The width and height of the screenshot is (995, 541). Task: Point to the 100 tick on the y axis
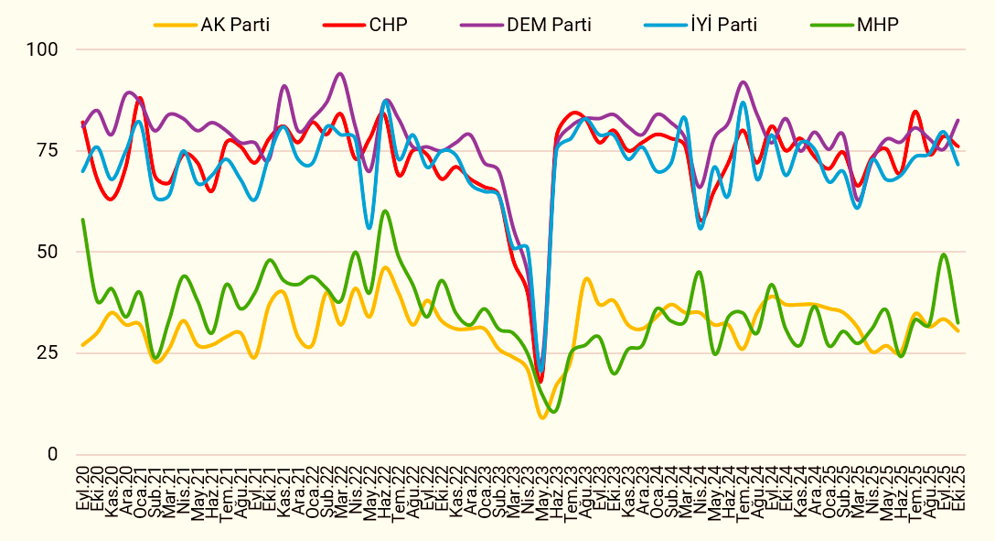pos(46,49)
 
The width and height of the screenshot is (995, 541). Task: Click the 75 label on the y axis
pos(50,150)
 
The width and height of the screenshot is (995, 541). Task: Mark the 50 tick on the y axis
pos(50,252)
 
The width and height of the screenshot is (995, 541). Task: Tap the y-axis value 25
pos(50,352)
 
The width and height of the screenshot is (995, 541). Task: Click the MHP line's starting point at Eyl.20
pos(82,220)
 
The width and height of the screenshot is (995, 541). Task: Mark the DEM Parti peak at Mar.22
pos(341,74)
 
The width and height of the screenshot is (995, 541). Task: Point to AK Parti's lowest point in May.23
pos(543,417)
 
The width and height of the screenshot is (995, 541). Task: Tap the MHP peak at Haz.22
pos(384,211)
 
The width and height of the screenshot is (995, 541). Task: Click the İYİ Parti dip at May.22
pos(369,228)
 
